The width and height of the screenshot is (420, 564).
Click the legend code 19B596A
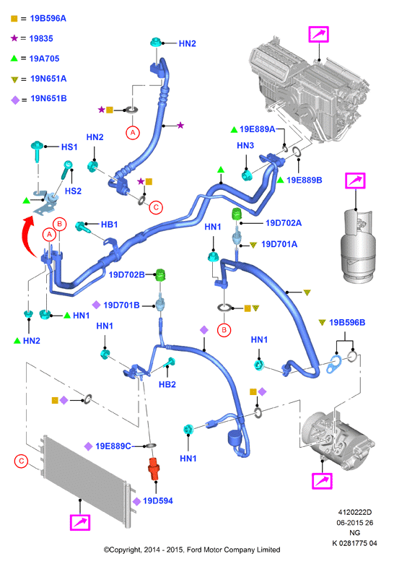pyautogui.click(x=48, y=18)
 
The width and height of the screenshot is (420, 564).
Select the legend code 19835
pyautogui.click(x=41, y=38)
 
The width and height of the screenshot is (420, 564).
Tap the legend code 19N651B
pyautogui.click(x=48, y=98)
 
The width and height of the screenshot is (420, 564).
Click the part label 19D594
pyautogui.click(x=158, y=500)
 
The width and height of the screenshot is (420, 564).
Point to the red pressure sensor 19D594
pyautogui.click(x=154, y=469)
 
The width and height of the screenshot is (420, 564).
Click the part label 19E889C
pyautogui.click(x=113, y=446)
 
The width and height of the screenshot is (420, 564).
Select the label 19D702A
pyautogui.click(x=284, y=223)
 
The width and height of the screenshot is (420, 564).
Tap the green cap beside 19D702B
pyautogui.click(x=160, y=275)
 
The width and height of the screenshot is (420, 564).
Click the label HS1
pyautogui.click(x=69, y=147)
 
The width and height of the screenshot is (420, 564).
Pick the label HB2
pyautogui.click(x=167, y=384)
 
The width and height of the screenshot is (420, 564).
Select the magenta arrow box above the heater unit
pyautogui.click(x=318, y=34)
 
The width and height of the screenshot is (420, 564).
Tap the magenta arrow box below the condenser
pyautogui.click(x=80, y=523)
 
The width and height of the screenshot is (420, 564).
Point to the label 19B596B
pyautogui.click(x=347, y=323)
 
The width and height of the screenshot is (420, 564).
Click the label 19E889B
pyautogui.click(x=305, y=181)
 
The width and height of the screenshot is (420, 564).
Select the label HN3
pyautogui.click(x=245, y=146)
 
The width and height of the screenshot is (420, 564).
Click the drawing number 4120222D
pyautogui.click(x=355, y=512)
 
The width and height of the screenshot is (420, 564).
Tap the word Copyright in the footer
pyautogui.click(x=124, y=550)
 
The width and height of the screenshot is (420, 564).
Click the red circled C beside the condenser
pyautogui.click(x=21, y=461)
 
